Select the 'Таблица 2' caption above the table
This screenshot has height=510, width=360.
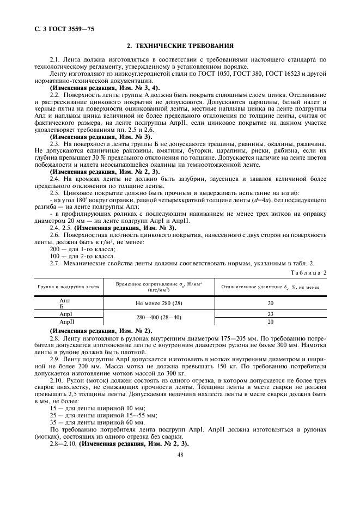pos(309,272)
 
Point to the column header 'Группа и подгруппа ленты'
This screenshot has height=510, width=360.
pos(69,286)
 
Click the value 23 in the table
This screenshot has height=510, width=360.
pos(270,314)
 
